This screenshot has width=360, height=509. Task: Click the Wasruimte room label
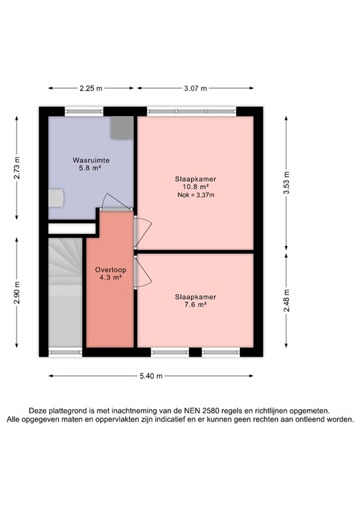click(91, 160)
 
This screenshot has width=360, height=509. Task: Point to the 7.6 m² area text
click(196, 305)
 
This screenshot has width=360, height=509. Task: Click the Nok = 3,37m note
click(196, 195)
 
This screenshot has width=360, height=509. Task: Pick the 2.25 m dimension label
click(91, 88)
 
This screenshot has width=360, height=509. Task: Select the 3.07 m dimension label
click(196, 88)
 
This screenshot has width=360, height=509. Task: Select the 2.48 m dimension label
click(286, 301)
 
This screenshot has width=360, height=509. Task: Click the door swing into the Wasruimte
click(113, 201)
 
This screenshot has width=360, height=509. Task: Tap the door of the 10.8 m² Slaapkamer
click(143, 231)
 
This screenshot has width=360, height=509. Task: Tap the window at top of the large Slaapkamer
click(192, 111)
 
